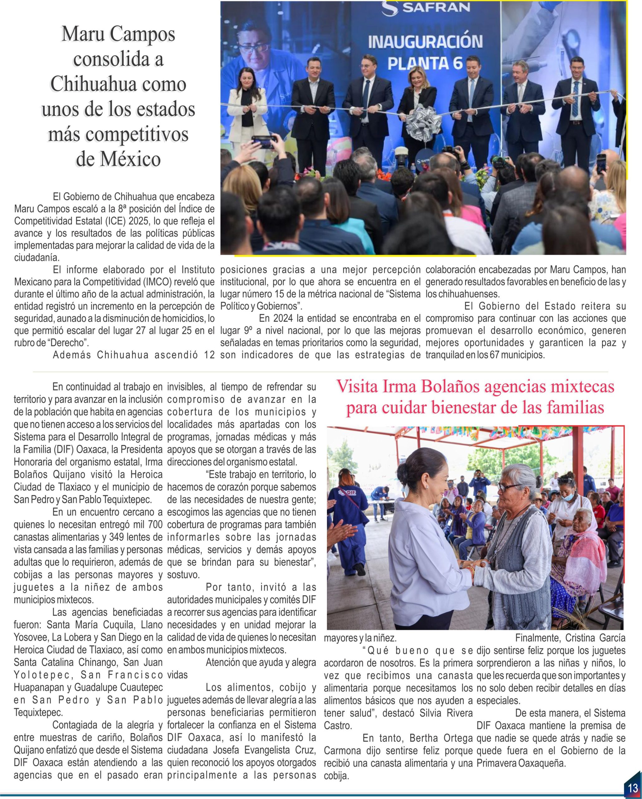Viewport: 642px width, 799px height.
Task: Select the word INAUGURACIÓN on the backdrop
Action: [x=425, y=42]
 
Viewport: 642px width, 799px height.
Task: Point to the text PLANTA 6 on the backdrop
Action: [x=425, y=63]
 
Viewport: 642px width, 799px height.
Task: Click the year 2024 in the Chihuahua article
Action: [x=283, y=318]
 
